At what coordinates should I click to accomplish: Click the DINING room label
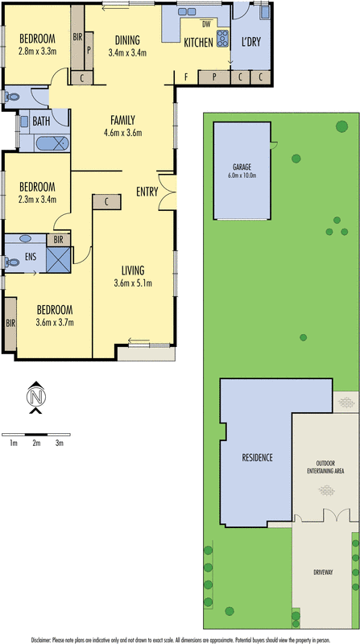[127, 39]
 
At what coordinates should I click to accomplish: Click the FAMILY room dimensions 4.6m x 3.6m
[122, 134]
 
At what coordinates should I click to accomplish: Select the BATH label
[43, 121]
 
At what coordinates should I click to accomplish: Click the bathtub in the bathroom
[52, 144]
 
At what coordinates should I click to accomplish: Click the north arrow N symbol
[35, 396]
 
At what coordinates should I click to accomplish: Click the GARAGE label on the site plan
[242, 167]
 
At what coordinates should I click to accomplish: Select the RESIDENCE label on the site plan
[257, 457]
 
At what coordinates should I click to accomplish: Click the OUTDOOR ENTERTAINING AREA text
[325, 468]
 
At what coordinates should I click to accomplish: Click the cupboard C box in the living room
[106, 201]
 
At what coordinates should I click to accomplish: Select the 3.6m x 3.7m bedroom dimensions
[55, 323]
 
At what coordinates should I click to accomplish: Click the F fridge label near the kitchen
[186, 76]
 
